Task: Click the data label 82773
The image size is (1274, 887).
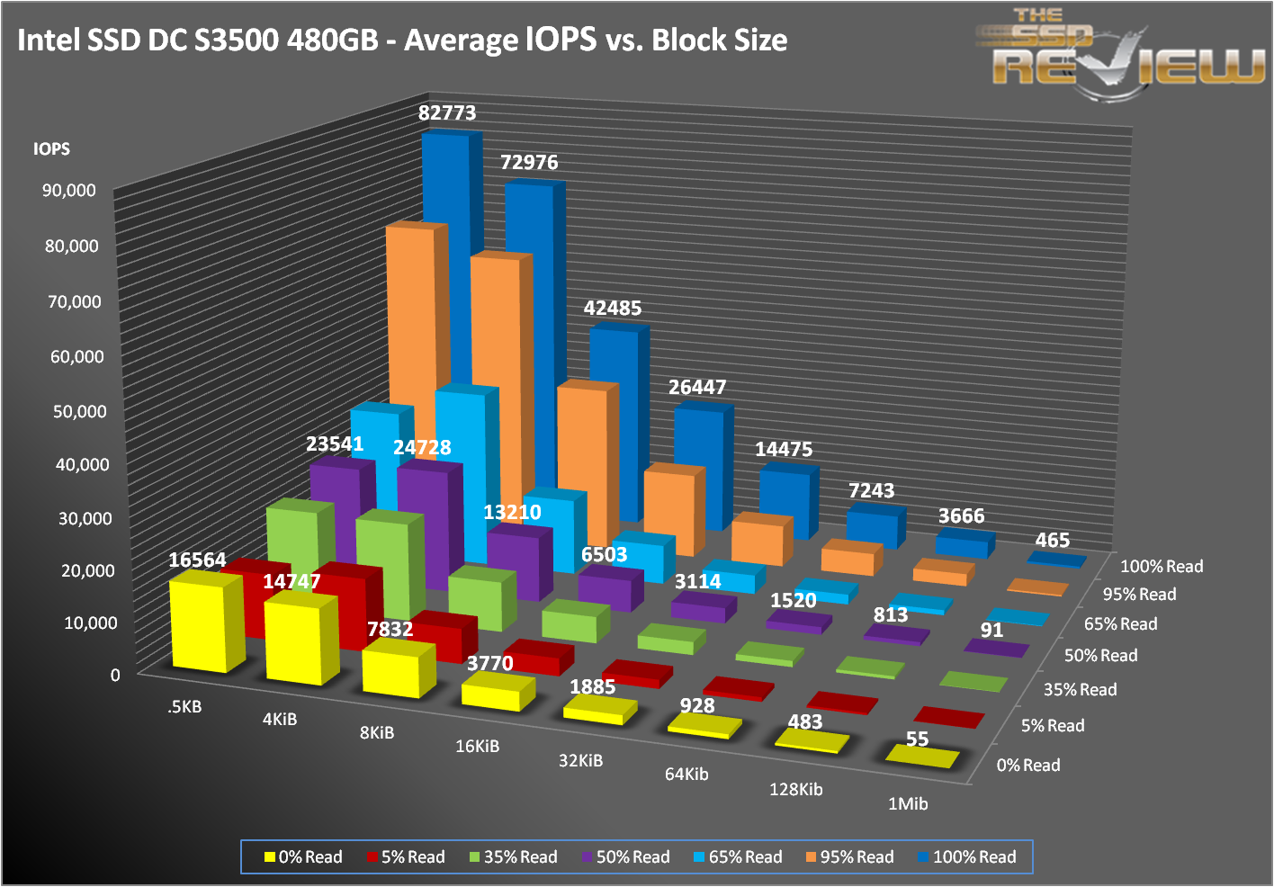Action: coord(447,113)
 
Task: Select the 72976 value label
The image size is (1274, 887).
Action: coord(529,163)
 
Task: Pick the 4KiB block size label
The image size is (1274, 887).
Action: coord(280,720)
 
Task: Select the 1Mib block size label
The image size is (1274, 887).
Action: coord(908,804)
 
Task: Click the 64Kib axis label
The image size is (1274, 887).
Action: coord(686,774)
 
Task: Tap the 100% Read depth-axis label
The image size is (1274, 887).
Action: coord(1162,567)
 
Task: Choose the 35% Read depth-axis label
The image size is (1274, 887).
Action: coord(1080,690)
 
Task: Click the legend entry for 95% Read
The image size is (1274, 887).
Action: coord(848,857)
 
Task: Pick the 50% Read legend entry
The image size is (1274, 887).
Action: coord(625,857)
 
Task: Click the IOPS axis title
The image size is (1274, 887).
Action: coord(51,149)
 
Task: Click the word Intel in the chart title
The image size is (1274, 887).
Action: coord(47,40)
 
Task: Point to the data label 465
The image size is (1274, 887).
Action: coord(1052,541)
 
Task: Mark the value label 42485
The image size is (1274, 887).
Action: coord(613,309)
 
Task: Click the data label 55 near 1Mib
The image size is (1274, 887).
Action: coord(917,739)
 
